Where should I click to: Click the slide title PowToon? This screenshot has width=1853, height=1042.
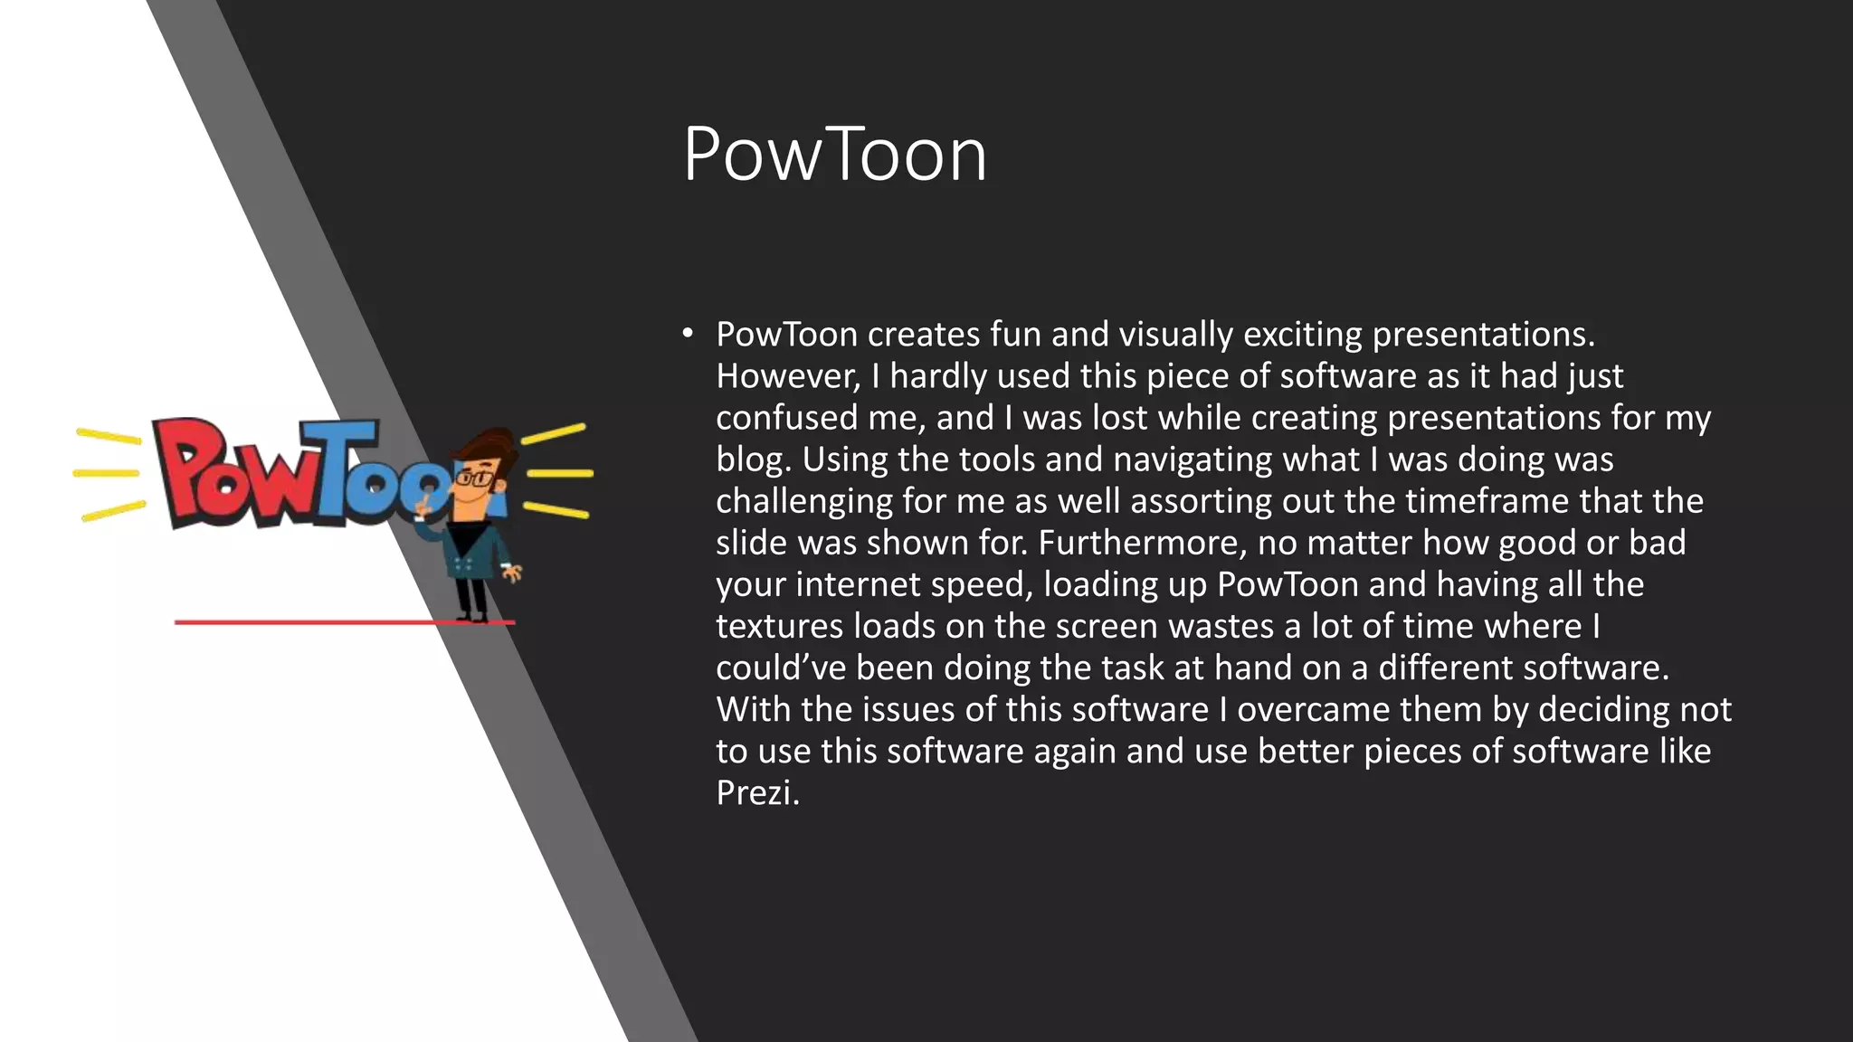(x=834, y=155)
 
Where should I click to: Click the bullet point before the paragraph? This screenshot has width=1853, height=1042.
(x=688, y=334)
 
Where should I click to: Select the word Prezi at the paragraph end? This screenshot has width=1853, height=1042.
(x=756, y=793)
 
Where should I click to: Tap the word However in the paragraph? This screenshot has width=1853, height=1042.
(x=787, y=376)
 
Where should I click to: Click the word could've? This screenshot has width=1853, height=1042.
(x=780, y=668)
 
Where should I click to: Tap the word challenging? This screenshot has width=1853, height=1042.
(x=803, y=501)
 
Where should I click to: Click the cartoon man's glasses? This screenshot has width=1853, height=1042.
(x=474, y=478)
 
